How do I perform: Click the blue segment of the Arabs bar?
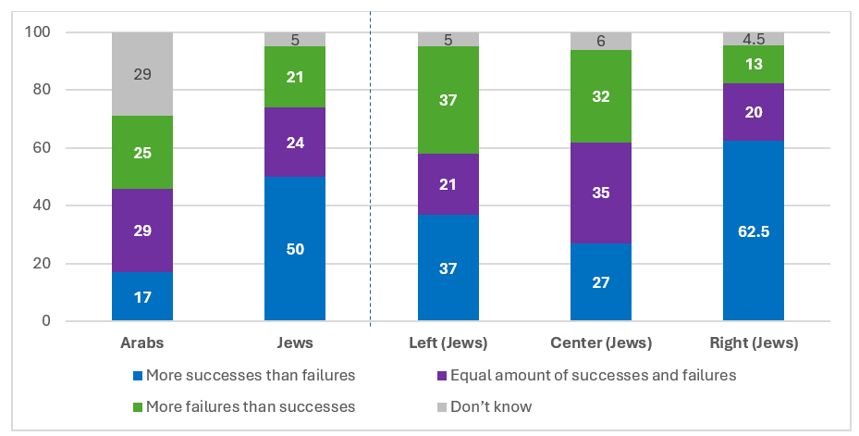pyautogui.click(x=142, y=296)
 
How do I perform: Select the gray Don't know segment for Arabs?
pyautogui.click(x=142, y=74)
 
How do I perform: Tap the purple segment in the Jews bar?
pyautogui.click(x=295, y=142)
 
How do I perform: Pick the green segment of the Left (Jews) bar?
pyautogui.click(x=448, y=100)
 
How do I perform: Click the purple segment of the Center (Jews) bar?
pyautogui.click(x=601, y=193)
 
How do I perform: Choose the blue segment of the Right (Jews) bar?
pyautogui.click(x=754, y=230)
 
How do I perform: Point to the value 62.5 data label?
pyautogui.click(x=754, y=231)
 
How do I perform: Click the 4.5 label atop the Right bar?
pyautogui.click(x=754, y=39)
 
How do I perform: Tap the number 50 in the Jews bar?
pyautogui.click(x=295, y=249)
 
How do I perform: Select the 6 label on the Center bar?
pyautogui.click(x=601, y=41)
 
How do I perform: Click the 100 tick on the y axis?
pyautogui.click(x=37, y=31)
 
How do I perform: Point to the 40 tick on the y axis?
pyautogui.click(x=42, y=206)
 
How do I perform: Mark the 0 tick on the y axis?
pyautogui.click(x=46, y=320)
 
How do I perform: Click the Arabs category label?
pyautogui.click(x=142, y=343)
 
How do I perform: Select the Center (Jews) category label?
pyautogui.click(x=601, y=343)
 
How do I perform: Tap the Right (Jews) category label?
pyautogui.click(x=754, y=343)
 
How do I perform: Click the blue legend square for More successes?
pyautogui.click(x=138, y=376)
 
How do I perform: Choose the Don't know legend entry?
pyautogui.click(x=485, y=406)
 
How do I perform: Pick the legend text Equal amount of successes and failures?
pyautogui.click(x=594, y=375)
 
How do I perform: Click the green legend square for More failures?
pyautogui.click(x=138, y=407)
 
